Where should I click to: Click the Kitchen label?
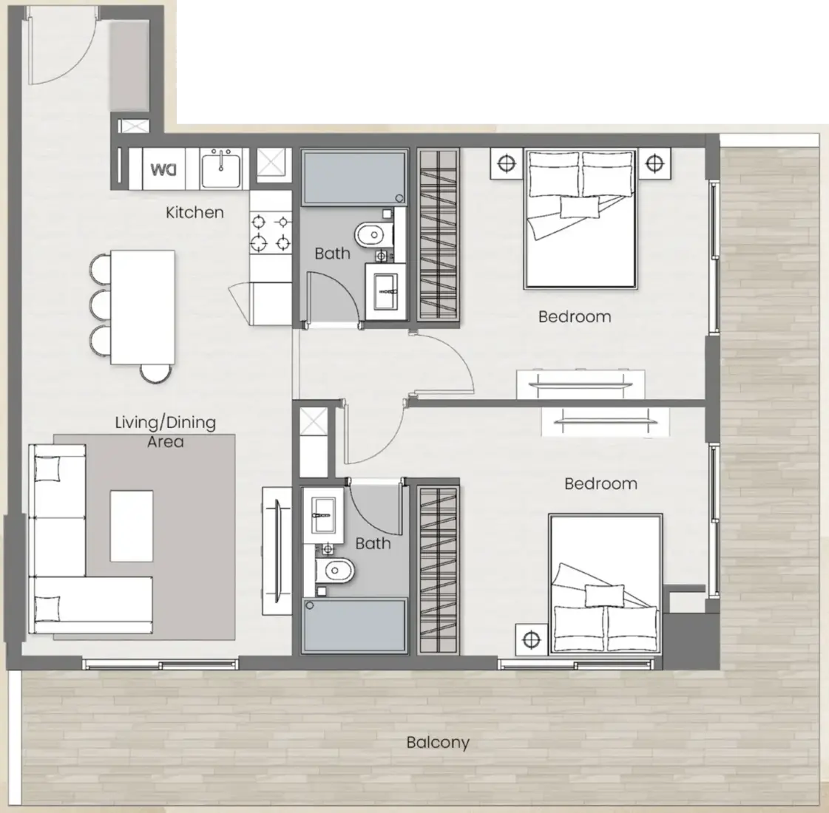click(194, 212)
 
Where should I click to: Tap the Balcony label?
click(438, 743)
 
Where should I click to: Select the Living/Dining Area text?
click(166, 432)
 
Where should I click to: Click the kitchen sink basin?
click(221, 168)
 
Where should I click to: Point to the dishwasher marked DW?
click(163, 169)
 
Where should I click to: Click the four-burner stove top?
click(271, 232)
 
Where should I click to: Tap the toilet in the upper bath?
click(373, 234)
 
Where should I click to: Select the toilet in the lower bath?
click(335, 571)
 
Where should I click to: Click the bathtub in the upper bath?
click(354, 177)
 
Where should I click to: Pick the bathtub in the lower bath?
click(354, 626)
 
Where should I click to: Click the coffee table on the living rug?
click(132, 525)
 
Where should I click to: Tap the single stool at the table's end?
click(156, 373)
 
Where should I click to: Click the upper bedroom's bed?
click(580, 219)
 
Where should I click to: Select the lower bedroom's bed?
click(606, 584)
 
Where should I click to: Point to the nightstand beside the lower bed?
click(531, 640)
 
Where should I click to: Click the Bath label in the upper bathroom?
click(332, 254)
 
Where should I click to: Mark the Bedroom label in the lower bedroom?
click(600, 484)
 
